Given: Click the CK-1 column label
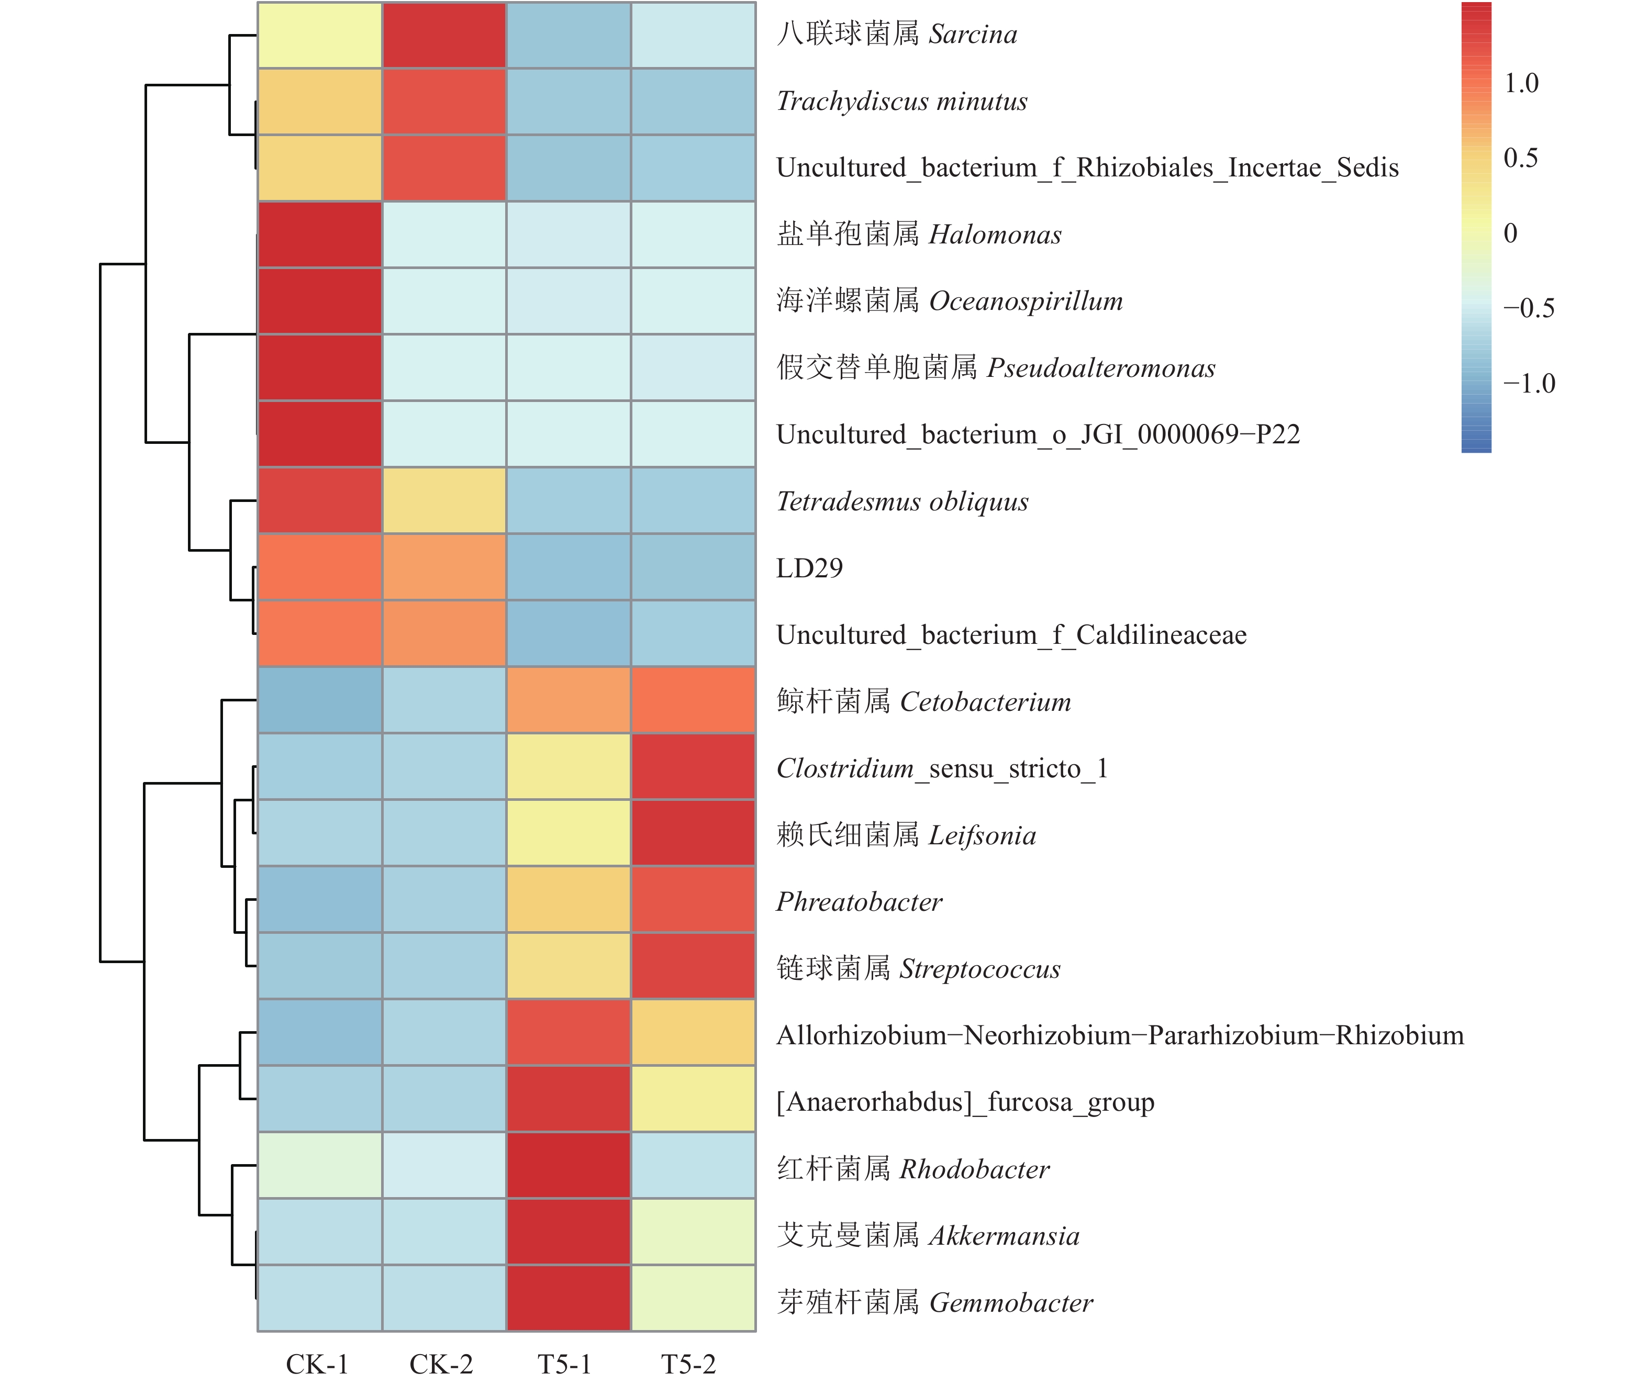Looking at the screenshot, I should (317, 1364).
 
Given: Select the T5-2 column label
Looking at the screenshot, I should (689, 1364).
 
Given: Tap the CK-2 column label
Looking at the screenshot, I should (441, 1364).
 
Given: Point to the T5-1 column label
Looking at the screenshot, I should (564, 1364).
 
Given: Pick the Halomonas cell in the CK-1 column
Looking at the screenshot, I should (319, 234).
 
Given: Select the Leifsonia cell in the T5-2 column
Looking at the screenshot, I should (693, 833).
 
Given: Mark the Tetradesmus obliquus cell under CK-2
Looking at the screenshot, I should (444, 501).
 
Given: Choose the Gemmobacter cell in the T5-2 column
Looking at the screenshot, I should (693, 1299).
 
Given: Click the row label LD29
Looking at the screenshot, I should (809, 567).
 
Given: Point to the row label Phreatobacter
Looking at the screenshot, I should (859, 901).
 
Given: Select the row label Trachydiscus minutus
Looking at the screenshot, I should (901, 102).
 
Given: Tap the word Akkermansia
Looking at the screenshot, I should (1004, 1236).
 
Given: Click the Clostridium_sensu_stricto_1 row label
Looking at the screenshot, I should (942, 768).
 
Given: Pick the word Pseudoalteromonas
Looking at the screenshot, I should (1101, 367).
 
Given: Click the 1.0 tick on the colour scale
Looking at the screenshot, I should (1521, 83).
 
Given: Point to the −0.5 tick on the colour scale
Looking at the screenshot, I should (1528, 308).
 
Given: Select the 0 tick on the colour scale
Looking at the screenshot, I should (1510, 233).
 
